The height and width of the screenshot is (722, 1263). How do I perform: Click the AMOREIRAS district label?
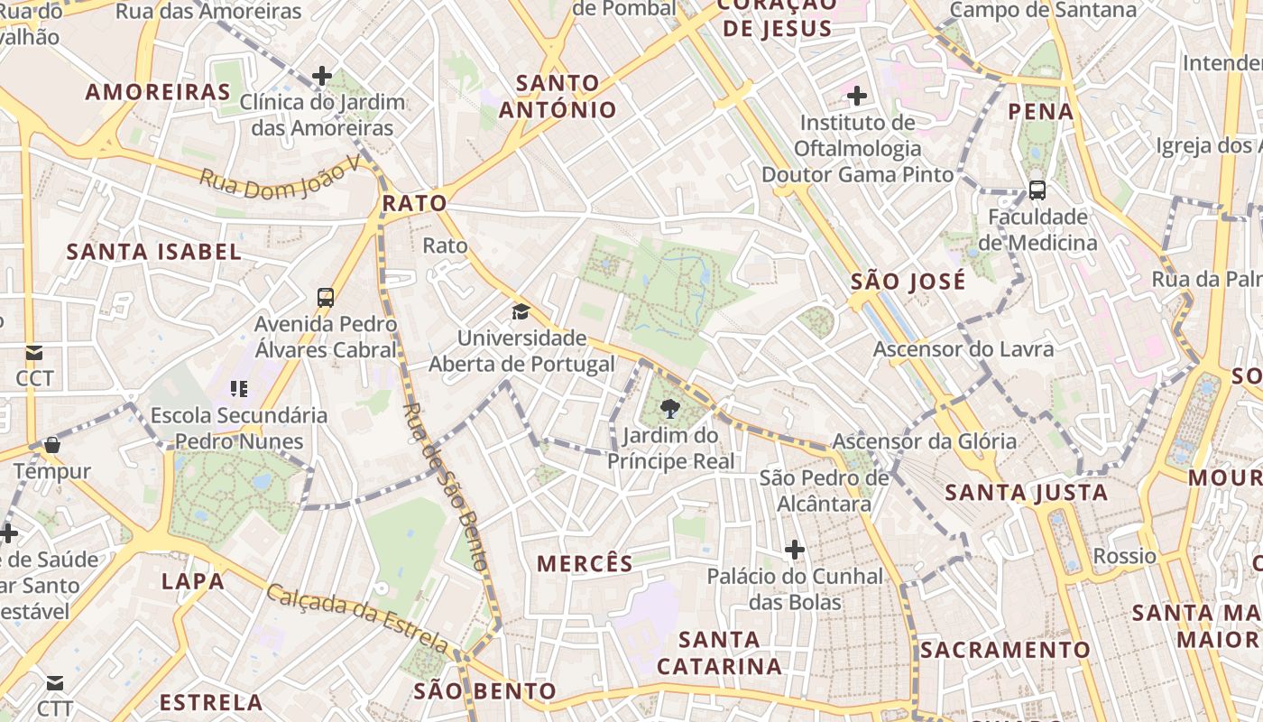[x=158, y=92]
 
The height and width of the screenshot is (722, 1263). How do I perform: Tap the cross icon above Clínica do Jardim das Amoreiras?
[x=322, y=76]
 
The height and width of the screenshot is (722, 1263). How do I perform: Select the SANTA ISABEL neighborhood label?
[x=154, y=252]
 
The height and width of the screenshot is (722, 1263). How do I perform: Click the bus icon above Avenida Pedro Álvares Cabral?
[x=326, y=297]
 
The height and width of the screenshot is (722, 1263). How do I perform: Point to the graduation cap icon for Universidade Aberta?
[x=521, y=312]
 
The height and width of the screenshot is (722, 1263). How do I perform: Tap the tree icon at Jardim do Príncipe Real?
[x=669, y=410]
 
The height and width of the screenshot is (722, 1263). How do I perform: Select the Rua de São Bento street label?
[x=446, y=487]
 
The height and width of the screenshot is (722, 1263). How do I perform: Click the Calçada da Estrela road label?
[x=357, y=617]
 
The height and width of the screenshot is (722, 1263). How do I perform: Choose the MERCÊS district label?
[x=585, y=564]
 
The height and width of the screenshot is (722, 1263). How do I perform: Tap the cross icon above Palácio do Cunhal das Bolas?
[x=794, y=549]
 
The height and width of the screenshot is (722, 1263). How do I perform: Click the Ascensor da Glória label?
[x=924, y=441]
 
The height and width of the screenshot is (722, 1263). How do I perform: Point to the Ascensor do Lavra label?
[x=963, y=349]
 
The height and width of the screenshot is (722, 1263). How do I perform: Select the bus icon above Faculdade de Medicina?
[x=1037, y=190]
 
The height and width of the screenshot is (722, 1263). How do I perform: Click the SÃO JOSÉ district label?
[x=908, y=282]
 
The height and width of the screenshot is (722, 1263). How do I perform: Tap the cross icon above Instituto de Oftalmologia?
[x=857, y=95]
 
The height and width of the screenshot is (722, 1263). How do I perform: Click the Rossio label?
[x=1124, y=556]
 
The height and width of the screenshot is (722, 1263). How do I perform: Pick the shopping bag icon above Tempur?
[x=52, y=445]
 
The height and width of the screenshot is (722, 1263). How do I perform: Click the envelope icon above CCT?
[x=34, y=352]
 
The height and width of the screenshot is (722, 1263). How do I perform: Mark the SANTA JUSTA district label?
[x=1026, y=493]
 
